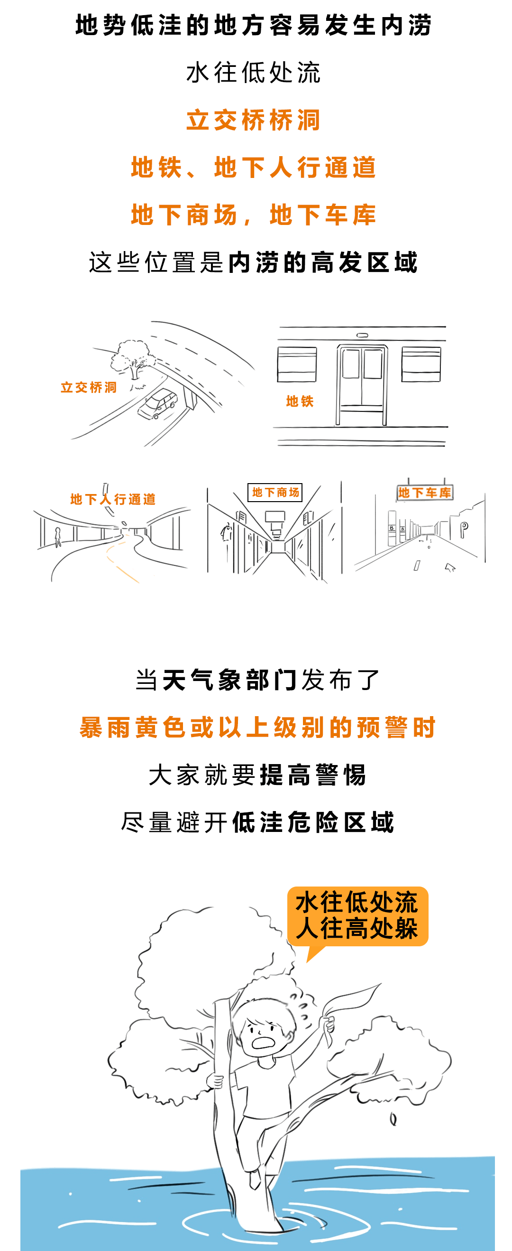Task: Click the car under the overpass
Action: pos(158,403)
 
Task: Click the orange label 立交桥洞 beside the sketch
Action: pos(89,387)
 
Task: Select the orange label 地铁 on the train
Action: pos(300,401)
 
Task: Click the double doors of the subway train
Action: pos(362,383)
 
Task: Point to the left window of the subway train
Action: pos(296,364)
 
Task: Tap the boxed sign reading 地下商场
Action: pos(275,493)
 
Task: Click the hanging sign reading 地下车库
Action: pos(425,493)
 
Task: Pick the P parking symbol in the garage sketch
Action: pos(464,528)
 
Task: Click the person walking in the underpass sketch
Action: pos(58,537)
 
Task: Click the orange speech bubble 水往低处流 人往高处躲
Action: pos(357,916)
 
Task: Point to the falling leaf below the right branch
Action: pos(393,1119)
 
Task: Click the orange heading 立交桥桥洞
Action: pos(253,120)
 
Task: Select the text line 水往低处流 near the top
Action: pos(253,73)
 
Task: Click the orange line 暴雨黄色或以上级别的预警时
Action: pos(257,728)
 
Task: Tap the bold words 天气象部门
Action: pos(229,680)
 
